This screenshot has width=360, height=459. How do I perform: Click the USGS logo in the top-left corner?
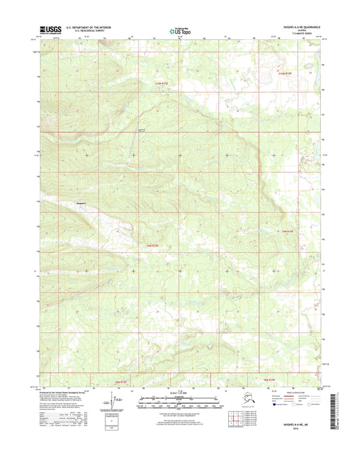[x=50, y=30]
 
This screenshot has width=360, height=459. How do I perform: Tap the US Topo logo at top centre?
[x=180, y=30]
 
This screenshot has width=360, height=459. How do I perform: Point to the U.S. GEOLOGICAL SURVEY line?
[x=82, y=32]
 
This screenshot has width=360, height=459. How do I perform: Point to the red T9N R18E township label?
[x=288, y=231]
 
